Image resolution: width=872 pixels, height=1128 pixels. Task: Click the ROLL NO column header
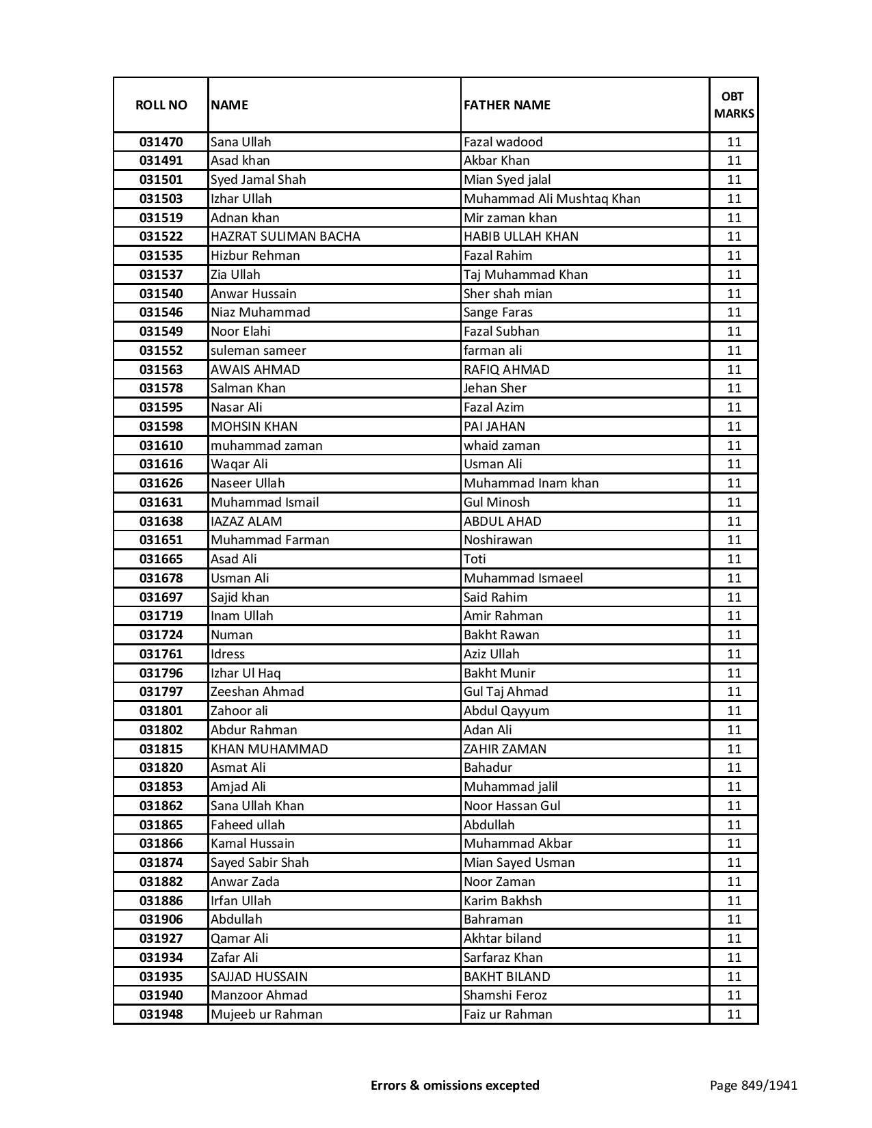coord(161,105)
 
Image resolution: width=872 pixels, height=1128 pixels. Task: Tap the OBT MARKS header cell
coord(734,105)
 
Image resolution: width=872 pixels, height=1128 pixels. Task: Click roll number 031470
coord(161,142)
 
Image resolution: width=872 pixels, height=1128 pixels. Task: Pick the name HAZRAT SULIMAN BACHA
coord(285,237)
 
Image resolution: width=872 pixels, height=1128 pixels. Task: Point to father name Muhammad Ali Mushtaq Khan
coord(552,199)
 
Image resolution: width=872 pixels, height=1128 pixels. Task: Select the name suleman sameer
coord(259,351)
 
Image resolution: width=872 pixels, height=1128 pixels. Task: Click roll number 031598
coord(161,427)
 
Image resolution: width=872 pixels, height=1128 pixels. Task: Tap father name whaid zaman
coord(501,446)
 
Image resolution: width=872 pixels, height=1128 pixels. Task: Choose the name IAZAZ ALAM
coord(246,522)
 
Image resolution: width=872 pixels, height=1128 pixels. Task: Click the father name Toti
coord(475,559)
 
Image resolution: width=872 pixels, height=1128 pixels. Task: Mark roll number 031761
coord(161,654)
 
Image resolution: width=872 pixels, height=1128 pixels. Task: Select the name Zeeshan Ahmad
coord(257,692)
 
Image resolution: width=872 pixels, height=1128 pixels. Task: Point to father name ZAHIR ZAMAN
coord(505,749)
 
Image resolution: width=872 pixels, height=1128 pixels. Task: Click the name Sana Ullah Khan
coord(257,806)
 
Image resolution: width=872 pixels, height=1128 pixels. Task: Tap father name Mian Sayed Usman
coord(519,863)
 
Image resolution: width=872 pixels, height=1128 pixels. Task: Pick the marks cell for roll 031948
coord(734,1015)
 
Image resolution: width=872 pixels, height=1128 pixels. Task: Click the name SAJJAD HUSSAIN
coord(259,977)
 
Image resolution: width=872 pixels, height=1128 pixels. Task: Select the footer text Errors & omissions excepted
coord(455,1085)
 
